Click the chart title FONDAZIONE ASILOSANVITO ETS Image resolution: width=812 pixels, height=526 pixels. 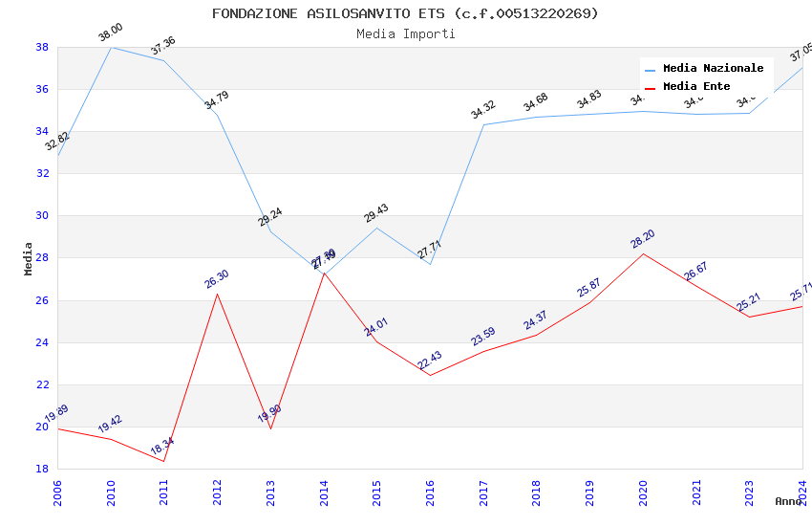tap(405, 13)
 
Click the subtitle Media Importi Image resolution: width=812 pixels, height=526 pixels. tap(405, 33)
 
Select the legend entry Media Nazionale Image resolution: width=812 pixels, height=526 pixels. tap(713, 69)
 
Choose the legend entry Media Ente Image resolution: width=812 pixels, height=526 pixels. tap(696, 87)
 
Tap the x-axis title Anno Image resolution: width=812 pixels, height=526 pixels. tap(788, 501)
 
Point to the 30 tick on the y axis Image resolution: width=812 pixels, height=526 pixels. tap(42, 216)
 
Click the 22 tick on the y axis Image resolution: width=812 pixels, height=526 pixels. tap(42, 384)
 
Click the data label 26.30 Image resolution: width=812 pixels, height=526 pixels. tap(217, 278)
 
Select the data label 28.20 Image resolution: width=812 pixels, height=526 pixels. tap(643, 238)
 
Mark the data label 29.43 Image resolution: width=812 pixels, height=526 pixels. tap(376, 212)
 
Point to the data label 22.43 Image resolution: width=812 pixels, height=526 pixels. tap(430, 360)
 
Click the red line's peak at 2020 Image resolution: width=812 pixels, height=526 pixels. tap(643, 253)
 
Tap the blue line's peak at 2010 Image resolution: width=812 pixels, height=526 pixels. tap(111, 47)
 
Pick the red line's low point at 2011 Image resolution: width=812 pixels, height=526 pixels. tap(164, 461)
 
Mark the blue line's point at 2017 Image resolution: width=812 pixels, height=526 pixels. tap(483, 124)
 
